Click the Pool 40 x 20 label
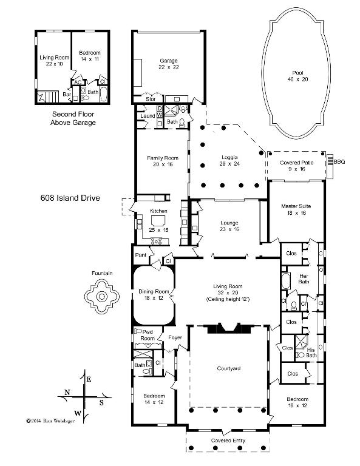pos(296,75)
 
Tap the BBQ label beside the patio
pos(339,161)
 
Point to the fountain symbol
pos(99,297)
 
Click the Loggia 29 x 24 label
pos(229,161)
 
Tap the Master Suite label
pos(296,210)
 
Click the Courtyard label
pos(229,368)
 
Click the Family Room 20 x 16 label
pos(161,161)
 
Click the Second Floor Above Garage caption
pos(73,118)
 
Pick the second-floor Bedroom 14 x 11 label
pos(89,56)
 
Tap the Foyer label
pos(175,337)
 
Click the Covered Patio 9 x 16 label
pos(296,166)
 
